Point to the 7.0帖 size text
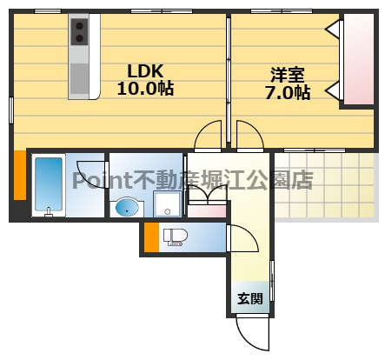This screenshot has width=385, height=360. tap(288, 92)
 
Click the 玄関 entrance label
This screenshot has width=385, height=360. tap(249, 298)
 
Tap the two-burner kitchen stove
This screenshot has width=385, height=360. tap(80, 32)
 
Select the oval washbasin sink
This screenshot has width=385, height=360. tap(128, 208)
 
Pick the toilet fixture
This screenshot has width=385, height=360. tap(175, 236)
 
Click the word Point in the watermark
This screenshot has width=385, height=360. tap(100, 181)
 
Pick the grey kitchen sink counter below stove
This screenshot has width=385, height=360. tap(80, 70)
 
